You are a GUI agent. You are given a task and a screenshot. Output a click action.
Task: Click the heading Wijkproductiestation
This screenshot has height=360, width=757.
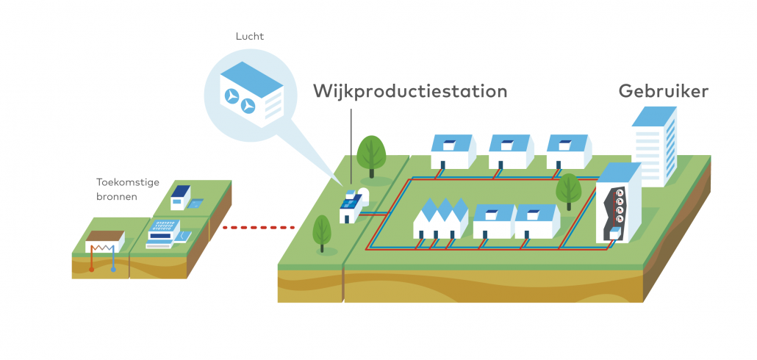[x=410, y=92]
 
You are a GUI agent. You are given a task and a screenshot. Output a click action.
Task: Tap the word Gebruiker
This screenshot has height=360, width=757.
[x=663, y=92]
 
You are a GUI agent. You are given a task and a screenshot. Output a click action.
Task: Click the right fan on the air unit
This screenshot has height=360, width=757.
[x=249, y=107]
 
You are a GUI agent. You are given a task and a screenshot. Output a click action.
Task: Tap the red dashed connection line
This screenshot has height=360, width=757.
[x=258, y=228]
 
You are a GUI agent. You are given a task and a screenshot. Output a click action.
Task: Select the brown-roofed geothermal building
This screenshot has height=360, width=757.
[x=105, y=241]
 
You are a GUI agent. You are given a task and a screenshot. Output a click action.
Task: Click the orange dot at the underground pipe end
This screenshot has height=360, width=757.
[x=91, y=270]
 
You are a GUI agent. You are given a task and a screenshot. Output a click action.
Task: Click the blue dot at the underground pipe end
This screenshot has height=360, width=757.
[x=113, y=270]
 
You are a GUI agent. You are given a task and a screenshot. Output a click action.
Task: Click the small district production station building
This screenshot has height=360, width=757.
[x=350, y=208]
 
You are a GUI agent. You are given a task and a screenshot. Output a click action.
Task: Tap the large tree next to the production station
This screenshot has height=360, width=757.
[x=371, y=154]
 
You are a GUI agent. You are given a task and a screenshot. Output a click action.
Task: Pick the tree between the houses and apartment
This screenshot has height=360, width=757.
[x=568, y=189]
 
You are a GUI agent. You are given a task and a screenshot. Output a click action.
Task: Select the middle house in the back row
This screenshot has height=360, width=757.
[x=509, y=151]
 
